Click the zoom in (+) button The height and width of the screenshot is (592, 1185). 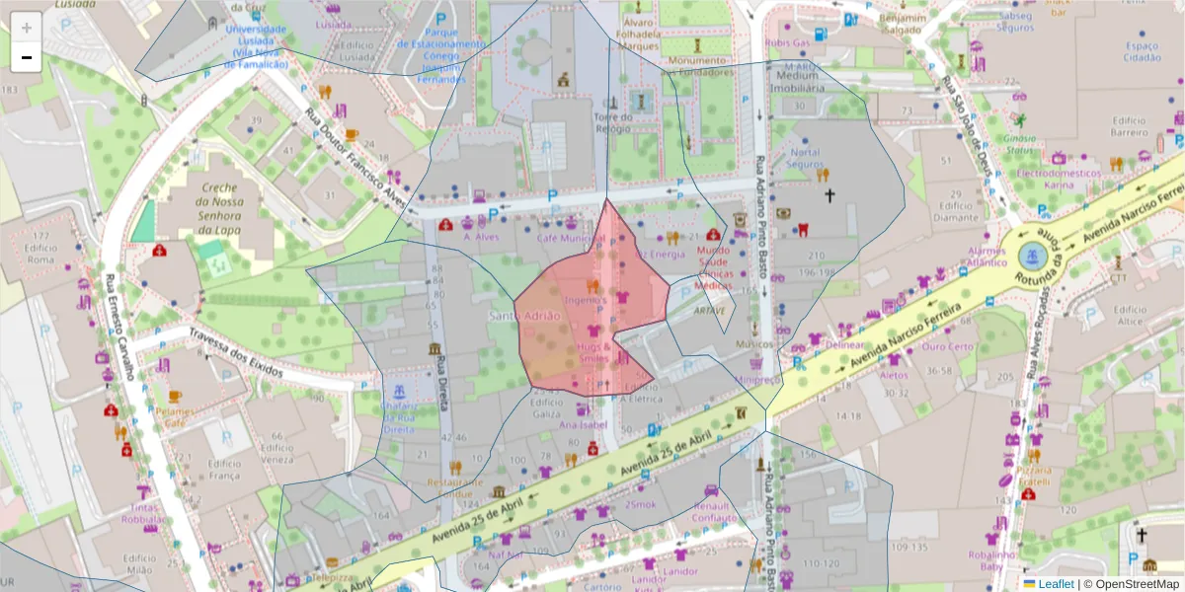pos(27,27)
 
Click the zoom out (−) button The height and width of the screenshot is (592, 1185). pos(27,57)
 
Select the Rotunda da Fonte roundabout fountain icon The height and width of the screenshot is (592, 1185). pos(1032,257)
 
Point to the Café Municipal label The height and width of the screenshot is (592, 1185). pos(570,238)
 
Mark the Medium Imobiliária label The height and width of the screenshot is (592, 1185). pos(799,81)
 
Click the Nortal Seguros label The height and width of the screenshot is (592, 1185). pos(805,159)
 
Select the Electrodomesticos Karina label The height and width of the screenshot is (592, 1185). pos(1045,179)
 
